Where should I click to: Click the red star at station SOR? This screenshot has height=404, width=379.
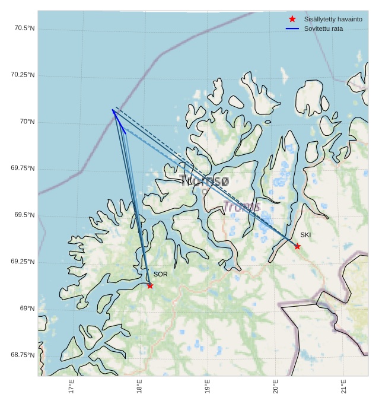pos(150,285)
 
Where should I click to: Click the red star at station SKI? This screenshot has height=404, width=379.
pos(297,246)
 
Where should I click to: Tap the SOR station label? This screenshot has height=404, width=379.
pos(160,274)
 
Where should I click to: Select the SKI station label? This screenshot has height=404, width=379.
pos(305,235)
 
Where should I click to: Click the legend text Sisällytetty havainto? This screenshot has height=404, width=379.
pos(333,19)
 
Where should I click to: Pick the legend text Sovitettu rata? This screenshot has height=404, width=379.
pos(323,28)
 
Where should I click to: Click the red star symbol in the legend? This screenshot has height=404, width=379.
pos(292,19)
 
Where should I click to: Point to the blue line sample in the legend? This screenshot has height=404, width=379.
pos(292,28)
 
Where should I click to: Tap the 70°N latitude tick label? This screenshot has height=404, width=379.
pos(27,122)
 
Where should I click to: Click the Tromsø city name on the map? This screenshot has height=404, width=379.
pos(203,181)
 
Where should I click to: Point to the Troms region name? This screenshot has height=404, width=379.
pos(241,206)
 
